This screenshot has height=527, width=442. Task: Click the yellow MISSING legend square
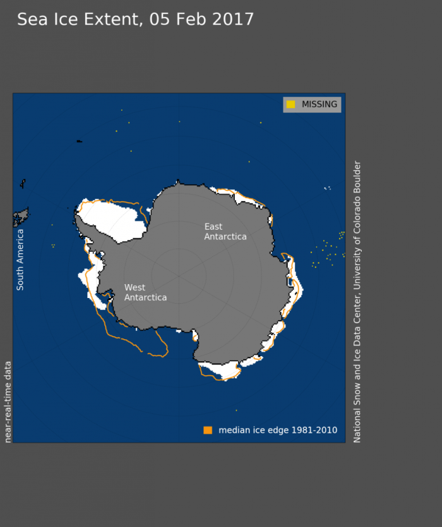pos(290,104)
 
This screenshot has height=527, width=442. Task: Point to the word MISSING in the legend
pos(319,104)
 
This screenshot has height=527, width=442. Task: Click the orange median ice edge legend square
pos(208,430)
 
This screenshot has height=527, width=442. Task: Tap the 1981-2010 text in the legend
pos(316,430)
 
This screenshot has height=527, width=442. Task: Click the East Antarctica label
pos(225,232)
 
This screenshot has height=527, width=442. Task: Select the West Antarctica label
pos(145,292)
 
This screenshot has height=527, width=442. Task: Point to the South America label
pos(20,259)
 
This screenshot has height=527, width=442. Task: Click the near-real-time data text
pos(8,402)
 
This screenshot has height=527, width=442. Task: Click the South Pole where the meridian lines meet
pos(179,276)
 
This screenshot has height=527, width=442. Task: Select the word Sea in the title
pos(30,20)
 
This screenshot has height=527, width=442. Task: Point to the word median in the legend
pos(234,430)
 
